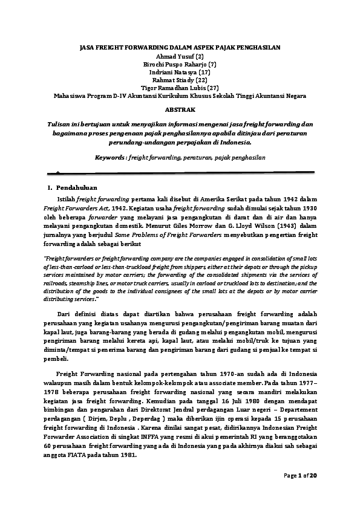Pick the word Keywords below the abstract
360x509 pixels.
pos(113,157)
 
